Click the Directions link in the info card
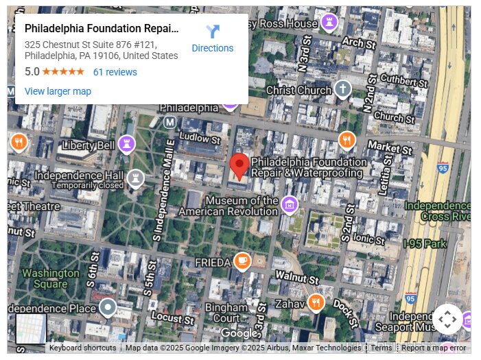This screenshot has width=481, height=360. click(212, 39)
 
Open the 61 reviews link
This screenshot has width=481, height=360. click(115, 72)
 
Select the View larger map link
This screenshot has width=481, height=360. click(58, 91)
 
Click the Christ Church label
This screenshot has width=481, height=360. click(298, 90)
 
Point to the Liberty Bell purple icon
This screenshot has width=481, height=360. click(126, 144)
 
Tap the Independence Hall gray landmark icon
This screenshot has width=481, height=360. click(135, 179)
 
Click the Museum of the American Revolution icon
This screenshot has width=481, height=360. click(290, 204)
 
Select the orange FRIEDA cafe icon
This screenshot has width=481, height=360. click(242, 261)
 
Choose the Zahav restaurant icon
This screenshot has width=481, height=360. click(316, 302)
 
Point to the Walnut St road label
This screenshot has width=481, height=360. click(297, 278)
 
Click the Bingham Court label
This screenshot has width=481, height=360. click(226, 313)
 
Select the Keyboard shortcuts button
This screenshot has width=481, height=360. click(82, 348)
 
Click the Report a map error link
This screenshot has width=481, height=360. click(434, 348)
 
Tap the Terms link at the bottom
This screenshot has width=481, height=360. click(382, 348)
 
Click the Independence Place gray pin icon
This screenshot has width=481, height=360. click(108, 307)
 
